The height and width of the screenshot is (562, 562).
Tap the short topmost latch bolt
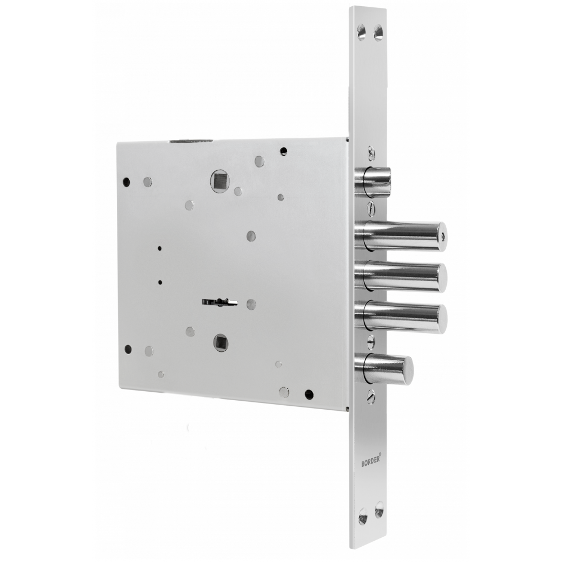(x=373, y=182)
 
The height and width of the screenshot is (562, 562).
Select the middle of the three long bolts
(x=401, y=277)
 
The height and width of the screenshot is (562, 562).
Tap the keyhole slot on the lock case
(x=219, y=302)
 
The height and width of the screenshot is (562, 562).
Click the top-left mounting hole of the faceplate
(x=361, y=30)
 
